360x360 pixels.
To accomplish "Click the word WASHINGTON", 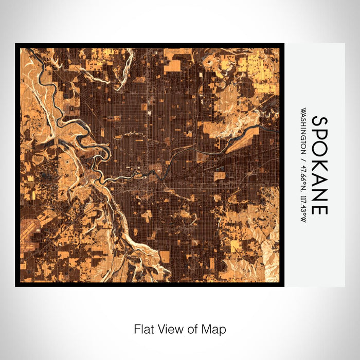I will (304, 131).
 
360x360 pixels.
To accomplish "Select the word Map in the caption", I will (209, 329).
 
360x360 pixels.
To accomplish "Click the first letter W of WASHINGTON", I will (304, 111).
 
